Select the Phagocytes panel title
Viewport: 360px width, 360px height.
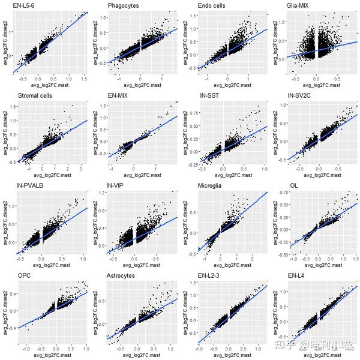click(x=124, y=6)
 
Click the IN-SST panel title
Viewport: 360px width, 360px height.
click(x=211, y=95)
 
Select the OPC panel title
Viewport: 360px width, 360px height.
click(x=25, y=275)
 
